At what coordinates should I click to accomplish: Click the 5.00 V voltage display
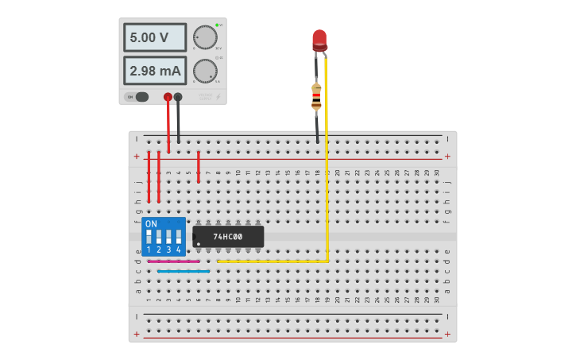click(154, 37)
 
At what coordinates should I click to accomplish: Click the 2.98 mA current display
click(154, 71)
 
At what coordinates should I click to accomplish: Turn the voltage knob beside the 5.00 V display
click(205, 37)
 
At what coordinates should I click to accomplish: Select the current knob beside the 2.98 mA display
click(205, 71)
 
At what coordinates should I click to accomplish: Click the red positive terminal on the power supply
click(168, 97)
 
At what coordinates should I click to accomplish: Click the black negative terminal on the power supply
click(178, 97)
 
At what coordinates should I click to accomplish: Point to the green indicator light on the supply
click(217, 25)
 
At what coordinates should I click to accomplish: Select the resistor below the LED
click(316, 96)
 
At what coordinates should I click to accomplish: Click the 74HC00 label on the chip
click(228, 237)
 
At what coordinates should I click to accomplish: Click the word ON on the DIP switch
click(151, 224)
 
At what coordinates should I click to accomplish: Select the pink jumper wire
click(173, 261)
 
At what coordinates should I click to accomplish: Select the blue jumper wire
click(184, 271)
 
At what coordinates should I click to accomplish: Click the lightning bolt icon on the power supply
click(218, 98)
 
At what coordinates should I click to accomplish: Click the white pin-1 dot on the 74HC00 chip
click(198, 243)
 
